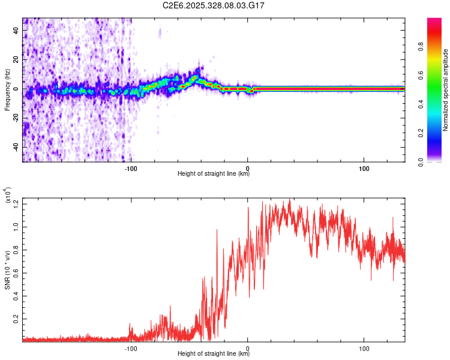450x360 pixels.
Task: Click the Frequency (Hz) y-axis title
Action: [7, 89]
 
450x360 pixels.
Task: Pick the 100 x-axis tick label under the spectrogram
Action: [364, 167]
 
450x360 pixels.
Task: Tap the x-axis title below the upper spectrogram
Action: [214, 174]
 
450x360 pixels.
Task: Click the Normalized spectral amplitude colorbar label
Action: [446, 89]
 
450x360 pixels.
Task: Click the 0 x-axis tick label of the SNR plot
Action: [248, 347]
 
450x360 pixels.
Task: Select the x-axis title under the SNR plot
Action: [214, 354]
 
